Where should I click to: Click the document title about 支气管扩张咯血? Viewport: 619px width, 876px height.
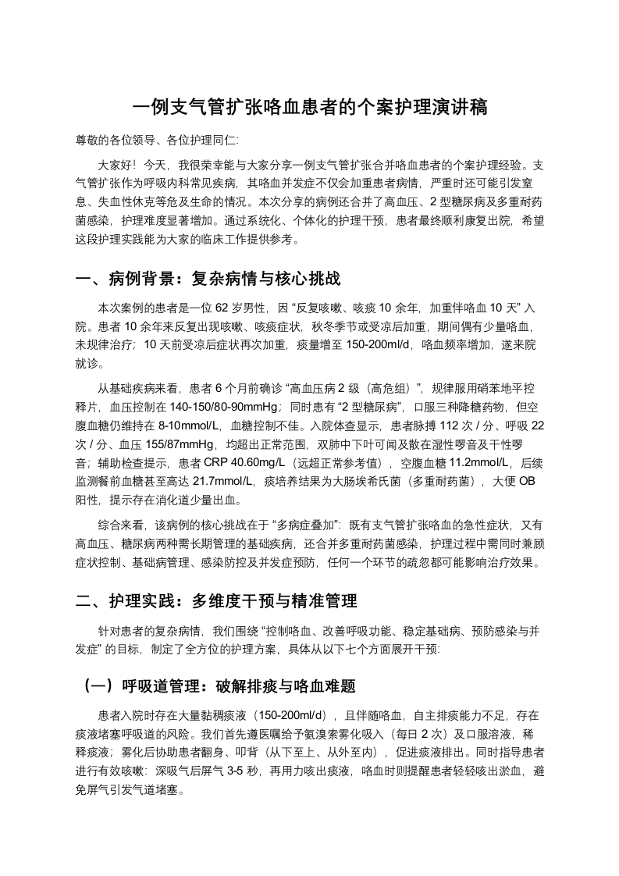309,108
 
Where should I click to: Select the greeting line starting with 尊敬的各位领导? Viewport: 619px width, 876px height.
157,141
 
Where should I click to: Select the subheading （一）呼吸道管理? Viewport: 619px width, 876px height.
220,686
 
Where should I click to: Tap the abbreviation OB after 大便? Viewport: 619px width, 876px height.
528,482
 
